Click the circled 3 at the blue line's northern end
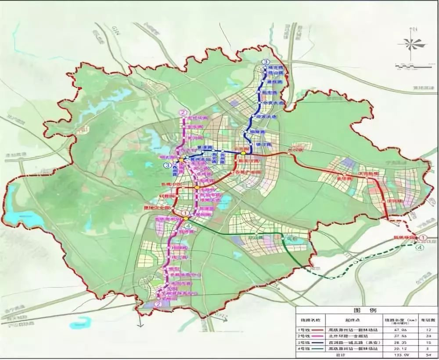coord(264,62)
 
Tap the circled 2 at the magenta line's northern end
coord(183,113)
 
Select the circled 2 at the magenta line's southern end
coord(158,310)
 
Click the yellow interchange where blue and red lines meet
coord(243,153)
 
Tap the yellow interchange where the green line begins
coord(186,218)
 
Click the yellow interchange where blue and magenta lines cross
coord(181,160)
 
